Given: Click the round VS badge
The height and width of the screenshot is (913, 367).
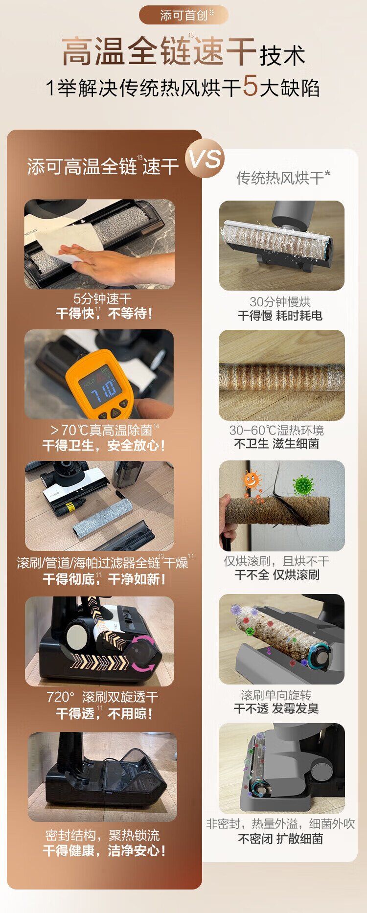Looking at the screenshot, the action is pos(205,159).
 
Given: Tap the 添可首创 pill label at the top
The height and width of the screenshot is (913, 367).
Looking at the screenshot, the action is pos(184,15).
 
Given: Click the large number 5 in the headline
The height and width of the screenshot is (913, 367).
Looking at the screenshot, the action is pos(250,86).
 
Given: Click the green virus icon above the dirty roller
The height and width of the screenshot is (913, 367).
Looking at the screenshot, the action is pos(303,485).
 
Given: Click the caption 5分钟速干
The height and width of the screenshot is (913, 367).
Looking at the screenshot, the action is pos(102,298).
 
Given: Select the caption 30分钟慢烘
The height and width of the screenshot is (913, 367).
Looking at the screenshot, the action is pos(280,302).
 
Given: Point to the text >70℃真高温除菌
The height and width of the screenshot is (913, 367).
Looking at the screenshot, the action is pos(102,430).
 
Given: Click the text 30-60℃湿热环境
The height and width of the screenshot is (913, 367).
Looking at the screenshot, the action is pos(276,430).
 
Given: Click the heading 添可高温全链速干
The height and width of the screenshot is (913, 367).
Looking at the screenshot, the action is pos(103,166).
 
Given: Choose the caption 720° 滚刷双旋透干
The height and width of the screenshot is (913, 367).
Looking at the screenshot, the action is pos(102,697).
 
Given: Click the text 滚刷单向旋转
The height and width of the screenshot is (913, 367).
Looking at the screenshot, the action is pos(276,695).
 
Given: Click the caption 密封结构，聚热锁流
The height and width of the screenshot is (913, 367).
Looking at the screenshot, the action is pos(102,835).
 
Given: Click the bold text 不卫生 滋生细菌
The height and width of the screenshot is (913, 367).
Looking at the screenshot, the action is pos(276,444).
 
